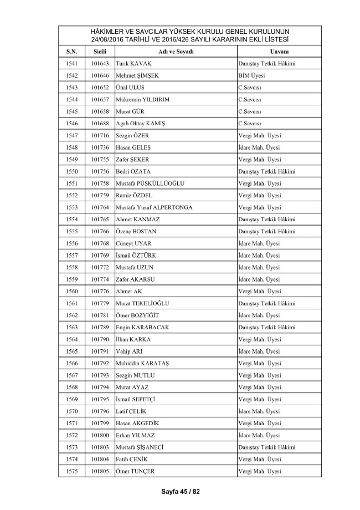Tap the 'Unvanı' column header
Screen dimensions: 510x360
[x=269, y=52]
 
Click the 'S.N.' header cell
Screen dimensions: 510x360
[x=71, y=52]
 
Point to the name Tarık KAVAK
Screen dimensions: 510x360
[x=133, y=64]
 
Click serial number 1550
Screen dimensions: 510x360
[x=71, y=172]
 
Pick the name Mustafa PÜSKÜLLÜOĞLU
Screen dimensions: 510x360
[x=150, y=183]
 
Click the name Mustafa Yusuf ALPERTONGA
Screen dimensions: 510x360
[x=154, y=207]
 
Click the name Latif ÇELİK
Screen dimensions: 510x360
[x=132, y=411]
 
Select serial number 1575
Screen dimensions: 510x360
[x=71, y=471]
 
